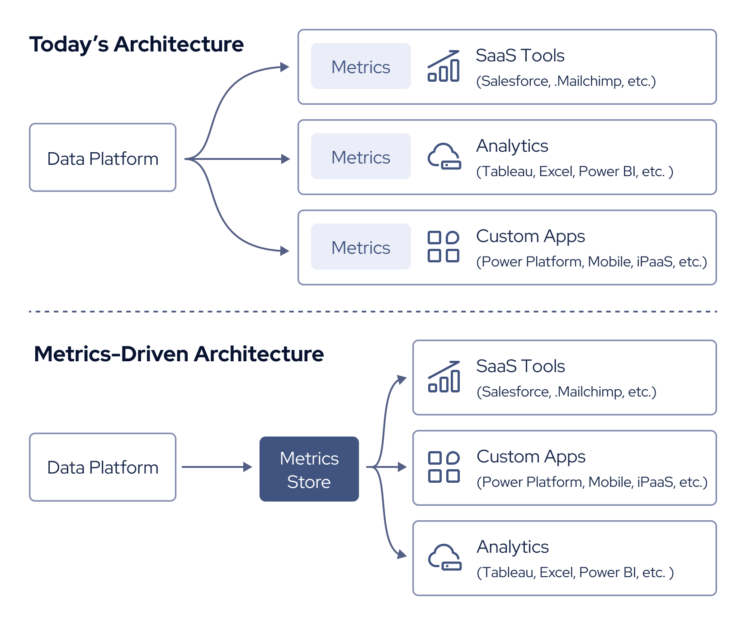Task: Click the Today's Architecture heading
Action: (136, 44)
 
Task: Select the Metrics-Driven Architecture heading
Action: (179, 354)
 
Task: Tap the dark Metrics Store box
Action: (309, 469)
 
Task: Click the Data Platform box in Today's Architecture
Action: (103, 158)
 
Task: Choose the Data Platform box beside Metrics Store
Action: (103, 467)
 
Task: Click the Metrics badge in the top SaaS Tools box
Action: (360, 66)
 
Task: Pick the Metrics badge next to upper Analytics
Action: (360, 157)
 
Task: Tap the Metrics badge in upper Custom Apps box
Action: (360, 247)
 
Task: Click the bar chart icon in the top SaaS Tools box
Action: (444, 66)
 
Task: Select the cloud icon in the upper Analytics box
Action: (444, 157)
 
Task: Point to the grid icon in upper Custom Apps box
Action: (444, 247)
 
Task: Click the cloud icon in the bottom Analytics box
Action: (444, 558)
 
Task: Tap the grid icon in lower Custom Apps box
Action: (444, 467)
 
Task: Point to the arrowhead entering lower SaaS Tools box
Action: (401, 379)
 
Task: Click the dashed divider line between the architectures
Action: (373, 311)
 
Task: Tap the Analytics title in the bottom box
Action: (513, 547)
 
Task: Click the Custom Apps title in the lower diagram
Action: (531, 457)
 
